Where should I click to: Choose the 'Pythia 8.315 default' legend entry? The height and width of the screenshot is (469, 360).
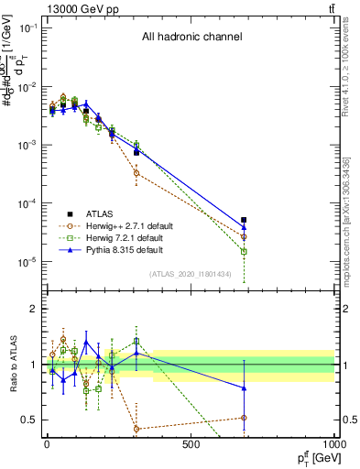click(127, 249)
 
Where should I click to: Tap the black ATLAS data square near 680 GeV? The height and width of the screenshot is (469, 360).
click(244, 220)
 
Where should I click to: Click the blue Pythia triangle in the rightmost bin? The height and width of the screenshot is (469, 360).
click(244, 228)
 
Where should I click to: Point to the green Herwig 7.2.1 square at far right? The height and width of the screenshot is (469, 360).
click(244, 251)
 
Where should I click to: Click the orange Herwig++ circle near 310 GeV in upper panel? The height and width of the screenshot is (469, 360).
click(136, 172)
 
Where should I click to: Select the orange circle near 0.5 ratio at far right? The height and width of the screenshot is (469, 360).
click(244, 418)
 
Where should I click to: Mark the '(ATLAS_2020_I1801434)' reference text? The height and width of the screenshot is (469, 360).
click(191, 275)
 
